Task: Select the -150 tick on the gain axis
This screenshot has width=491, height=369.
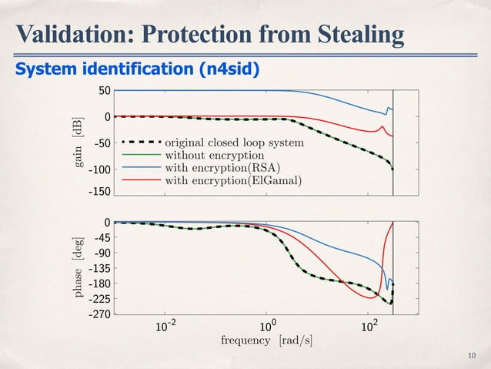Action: coord(98,195)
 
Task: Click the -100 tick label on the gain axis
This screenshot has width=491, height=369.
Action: coord(98,169)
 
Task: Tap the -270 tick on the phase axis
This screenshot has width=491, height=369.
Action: coord(98,314)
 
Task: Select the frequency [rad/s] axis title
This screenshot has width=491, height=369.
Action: coord(268,340)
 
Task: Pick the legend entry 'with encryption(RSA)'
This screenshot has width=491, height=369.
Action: coord(222,168)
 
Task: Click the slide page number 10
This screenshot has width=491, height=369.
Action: coord(472,355)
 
